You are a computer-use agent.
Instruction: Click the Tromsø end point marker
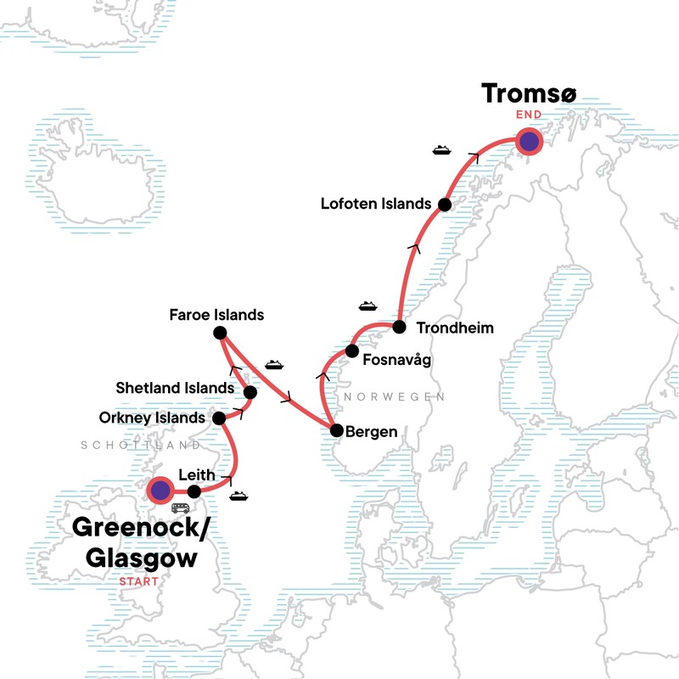tap(530, 141)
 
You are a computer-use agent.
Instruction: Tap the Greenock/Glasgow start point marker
tap(160, 490)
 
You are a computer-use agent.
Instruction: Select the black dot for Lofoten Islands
tap(444, 205)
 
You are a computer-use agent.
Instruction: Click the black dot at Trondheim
tap(398, 327)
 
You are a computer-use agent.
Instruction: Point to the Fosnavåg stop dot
tap(352, 351)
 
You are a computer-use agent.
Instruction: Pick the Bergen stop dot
tap(336, 430)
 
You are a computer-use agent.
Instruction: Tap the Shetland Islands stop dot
tap(250, 392)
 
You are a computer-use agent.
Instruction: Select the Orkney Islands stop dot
tap(219, 418)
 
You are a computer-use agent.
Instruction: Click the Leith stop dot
tap(194, 491)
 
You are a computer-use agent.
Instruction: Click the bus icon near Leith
tap(180, 508)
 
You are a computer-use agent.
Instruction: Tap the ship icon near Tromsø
tap(441, 150)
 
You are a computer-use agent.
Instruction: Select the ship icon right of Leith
tap(238, 496)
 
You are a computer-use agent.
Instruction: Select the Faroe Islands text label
tap(216, 315)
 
